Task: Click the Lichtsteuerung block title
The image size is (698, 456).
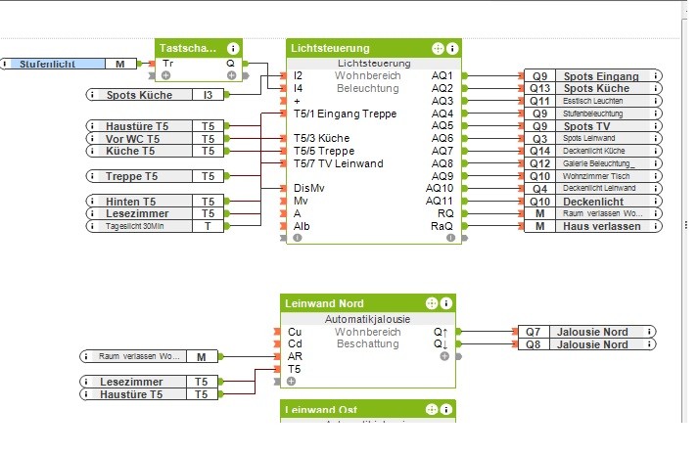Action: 330,48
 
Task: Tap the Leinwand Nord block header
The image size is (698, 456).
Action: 324,303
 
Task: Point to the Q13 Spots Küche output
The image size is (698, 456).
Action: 591,88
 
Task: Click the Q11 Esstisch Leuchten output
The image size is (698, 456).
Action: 591,101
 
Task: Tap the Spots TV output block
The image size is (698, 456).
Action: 591,126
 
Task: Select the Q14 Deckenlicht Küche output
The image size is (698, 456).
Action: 591,151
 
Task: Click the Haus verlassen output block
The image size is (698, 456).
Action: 591,226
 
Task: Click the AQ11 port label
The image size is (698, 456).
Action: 440,201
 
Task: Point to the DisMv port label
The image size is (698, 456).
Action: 308,188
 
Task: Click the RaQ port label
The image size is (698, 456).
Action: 442,226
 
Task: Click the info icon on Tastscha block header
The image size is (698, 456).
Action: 233,48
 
